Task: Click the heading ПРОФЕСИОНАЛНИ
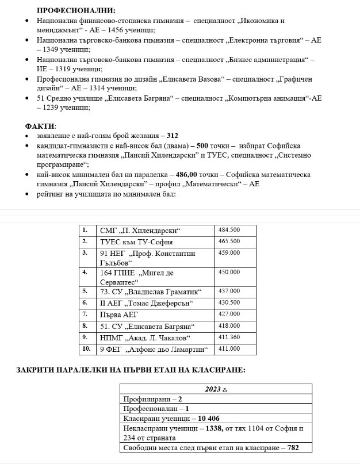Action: coord(75,10)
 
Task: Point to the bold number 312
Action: coord(173,136)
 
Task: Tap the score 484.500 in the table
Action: coord(229,230)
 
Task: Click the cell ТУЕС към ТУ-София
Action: coord(136,241)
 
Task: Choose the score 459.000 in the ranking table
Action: coord(229,252)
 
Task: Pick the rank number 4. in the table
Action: coord(85,271)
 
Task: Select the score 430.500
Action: coord(229,302)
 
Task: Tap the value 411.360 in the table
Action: coord(229,336)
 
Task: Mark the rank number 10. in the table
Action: coord(86,348)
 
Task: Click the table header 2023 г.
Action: coord(216,389)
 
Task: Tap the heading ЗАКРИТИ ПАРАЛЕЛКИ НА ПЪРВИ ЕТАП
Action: coord(131,369)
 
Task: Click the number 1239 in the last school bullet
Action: coord(54,108)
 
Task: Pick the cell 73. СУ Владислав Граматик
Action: coord(146,291)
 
